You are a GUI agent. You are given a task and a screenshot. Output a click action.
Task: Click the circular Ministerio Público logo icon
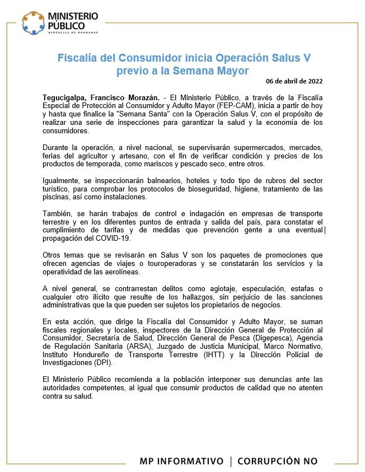tap(34, 22)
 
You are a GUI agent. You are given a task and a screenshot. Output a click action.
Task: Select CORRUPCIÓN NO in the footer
tap(277, 461)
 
